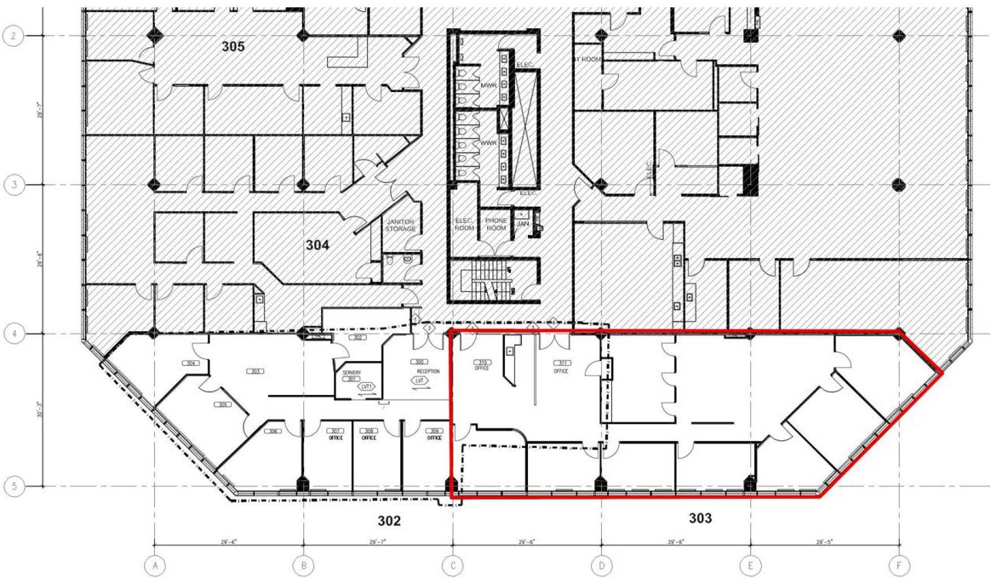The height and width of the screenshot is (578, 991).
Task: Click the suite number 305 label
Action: point(233,46)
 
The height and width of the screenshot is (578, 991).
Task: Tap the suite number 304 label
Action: point(317,245)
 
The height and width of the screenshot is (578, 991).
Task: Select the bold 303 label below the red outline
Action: point(700,518)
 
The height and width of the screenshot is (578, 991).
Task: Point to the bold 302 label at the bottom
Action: point(389,520)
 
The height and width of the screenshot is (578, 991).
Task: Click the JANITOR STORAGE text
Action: point(400,225)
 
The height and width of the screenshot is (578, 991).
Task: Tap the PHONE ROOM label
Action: point(496,224)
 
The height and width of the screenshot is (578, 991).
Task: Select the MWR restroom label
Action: point(488,85)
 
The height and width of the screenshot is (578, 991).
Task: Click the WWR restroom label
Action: point(488,143)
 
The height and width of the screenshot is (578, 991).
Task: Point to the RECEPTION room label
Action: point(428,371)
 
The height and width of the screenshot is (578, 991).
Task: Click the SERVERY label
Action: point(351,372)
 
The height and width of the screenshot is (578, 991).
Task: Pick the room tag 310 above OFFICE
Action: point(482,362)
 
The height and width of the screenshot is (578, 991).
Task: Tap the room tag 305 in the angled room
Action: point(223,405)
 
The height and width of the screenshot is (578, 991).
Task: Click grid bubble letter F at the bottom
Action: point(899,565)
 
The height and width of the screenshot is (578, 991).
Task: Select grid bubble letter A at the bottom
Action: point(154,565)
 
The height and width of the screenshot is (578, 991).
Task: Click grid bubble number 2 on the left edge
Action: point(14,36)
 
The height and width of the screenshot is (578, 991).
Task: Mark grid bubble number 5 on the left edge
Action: point(14,486)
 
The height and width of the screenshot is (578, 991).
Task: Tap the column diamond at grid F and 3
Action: point(899,185)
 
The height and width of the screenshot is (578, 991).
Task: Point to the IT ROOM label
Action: point(588,59)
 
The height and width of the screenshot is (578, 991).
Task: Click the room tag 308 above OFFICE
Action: point(369,431)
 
